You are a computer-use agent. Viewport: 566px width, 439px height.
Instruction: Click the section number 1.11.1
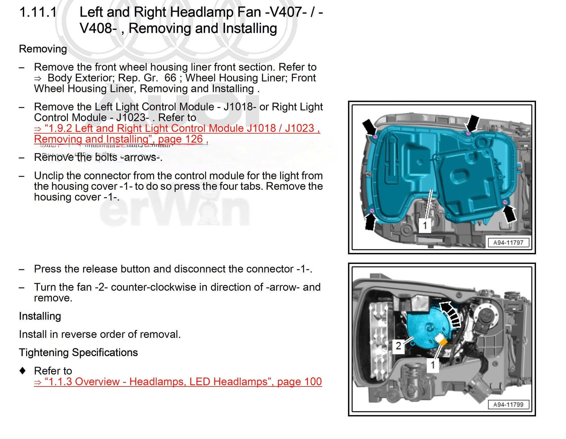point(38,12)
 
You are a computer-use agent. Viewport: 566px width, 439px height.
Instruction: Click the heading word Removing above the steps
point(43,49)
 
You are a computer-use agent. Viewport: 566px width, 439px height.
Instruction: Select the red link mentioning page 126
point(177,133)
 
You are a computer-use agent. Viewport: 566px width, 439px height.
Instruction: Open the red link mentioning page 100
point(178,382)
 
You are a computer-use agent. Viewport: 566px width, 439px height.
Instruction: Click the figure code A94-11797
point(508,242)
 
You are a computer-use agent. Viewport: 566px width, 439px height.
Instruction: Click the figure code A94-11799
point(508,404)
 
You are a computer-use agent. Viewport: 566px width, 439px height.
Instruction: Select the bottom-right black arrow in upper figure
point(509,214)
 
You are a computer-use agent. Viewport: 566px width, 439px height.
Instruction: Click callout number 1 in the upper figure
point(425,226)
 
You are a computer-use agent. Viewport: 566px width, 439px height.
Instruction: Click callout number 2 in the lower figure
point(398,346)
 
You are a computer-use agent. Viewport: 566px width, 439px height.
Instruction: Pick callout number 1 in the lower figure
point(433,365)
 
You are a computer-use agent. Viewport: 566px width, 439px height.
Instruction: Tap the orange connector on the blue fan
point(443,342)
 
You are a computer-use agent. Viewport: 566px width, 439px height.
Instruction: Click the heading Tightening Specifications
point(78,352)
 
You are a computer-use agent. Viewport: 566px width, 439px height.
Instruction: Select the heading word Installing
point(40,316)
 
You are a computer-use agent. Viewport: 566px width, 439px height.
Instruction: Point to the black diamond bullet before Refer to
point(23,370)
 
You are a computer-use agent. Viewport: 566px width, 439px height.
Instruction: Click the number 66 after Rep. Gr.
point(170,78)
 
